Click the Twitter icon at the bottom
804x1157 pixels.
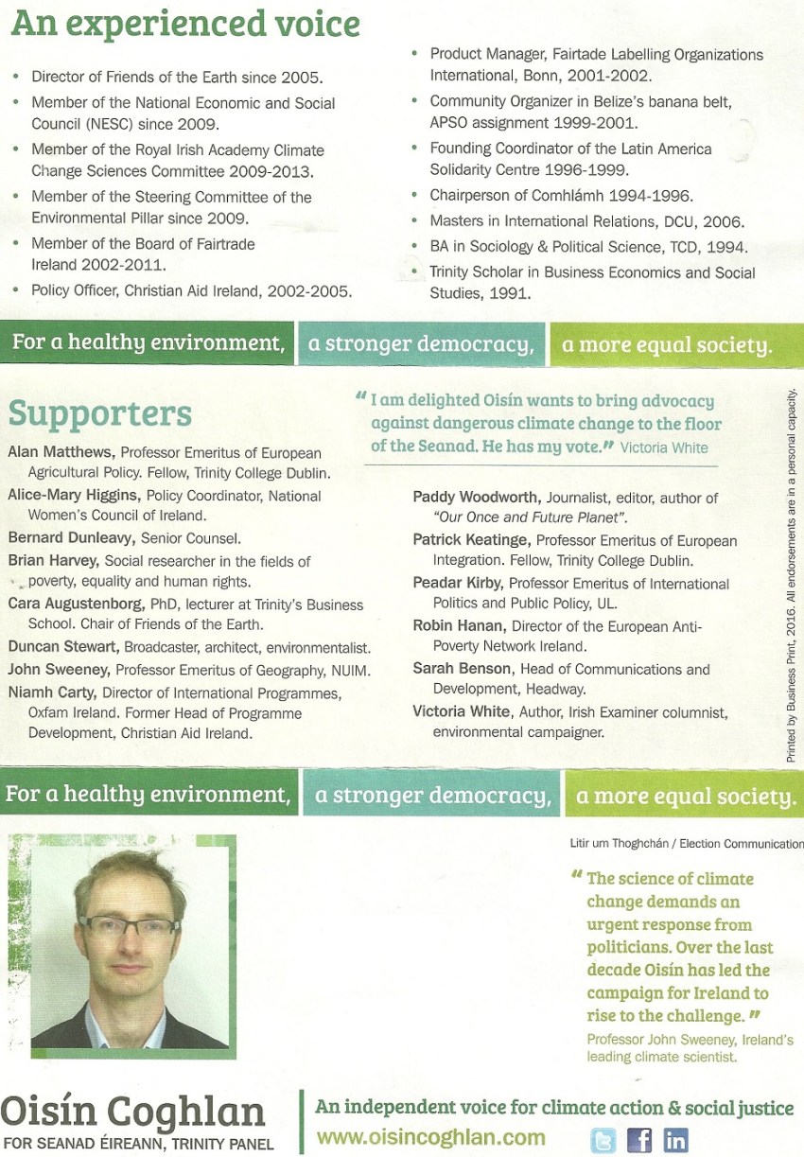click(603, 1140)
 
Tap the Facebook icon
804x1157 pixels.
click(639, 1140)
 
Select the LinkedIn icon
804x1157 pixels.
click(675, 1140)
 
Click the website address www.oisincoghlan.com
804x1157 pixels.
click(430, 1137)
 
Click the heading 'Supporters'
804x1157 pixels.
click(99, 413)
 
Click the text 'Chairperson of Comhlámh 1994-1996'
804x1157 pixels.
click(561, 196)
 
